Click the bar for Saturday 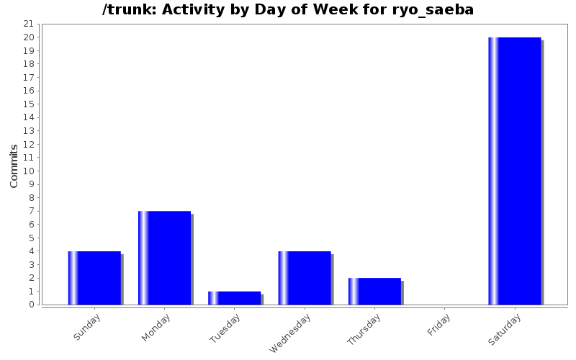pos(515,171)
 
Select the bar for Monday pos(165,257)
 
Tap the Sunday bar pos(94,277)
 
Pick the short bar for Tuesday pos(235,297)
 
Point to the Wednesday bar pos(305,277)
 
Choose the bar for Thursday pos(374,291)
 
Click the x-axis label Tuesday pos(225,328)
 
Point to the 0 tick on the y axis pos(32,305)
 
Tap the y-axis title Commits pos(14,166)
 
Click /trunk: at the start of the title pos(128,10)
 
